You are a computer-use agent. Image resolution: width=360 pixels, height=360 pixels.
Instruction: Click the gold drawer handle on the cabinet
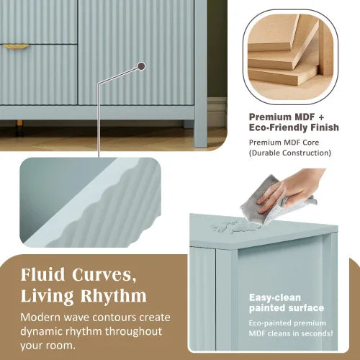(16, 45)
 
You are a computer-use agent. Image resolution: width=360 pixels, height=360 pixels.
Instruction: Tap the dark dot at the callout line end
(141, 66)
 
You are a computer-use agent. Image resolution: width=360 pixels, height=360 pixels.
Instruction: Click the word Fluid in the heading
(45, 274)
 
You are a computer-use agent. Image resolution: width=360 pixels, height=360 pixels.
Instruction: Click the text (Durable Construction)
(290, 153)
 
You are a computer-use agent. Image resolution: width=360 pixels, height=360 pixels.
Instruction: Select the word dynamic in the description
(45, 332)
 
